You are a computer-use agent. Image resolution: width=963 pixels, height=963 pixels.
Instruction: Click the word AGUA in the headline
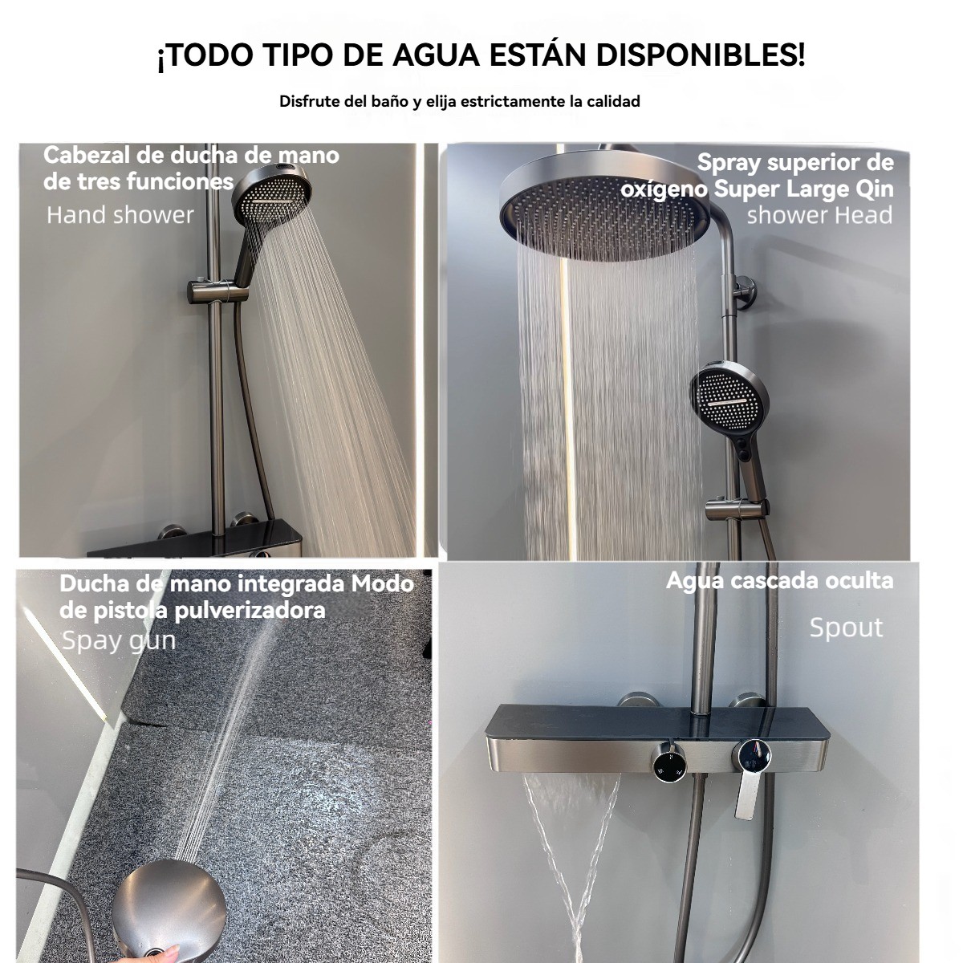coord(435,55)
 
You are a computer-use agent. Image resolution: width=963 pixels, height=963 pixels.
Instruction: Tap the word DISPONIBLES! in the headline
coord(700,55)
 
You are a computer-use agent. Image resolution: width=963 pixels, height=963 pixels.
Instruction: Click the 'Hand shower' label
coord(120,215)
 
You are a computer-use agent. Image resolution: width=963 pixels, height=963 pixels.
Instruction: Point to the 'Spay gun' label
coord(119,642)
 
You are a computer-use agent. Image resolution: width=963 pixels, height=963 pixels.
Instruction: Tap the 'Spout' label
coord(846,628)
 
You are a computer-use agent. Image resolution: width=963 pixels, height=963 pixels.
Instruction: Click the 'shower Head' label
coord(819,215)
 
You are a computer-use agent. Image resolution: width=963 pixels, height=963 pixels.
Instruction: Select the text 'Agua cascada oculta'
coord(779,581)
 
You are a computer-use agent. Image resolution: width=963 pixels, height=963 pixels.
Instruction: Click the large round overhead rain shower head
coord(605,206)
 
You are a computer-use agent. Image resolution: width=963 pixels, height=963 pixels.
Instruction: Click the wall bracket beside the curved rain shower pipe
coord(744,292)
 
